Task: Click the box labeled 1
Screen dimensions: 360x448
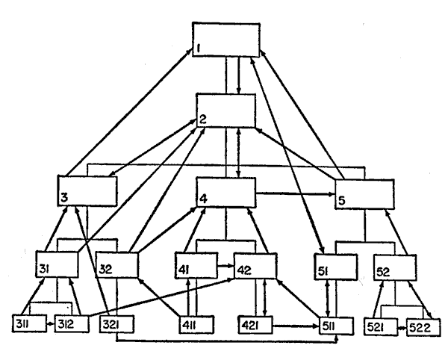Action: [x=226, y=40]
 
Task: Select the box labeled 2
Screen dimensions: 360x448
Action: [x=226, y=111]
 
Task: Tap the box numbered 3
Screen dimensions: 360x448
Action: [x=88, y=190]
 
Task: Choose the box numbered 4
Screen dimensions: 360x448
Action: [x=226, y=193]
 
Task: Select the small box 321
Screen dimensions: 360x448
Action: [x=115, y=326]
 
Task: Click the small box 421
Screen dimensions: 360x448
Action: [x=256, y=326]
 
